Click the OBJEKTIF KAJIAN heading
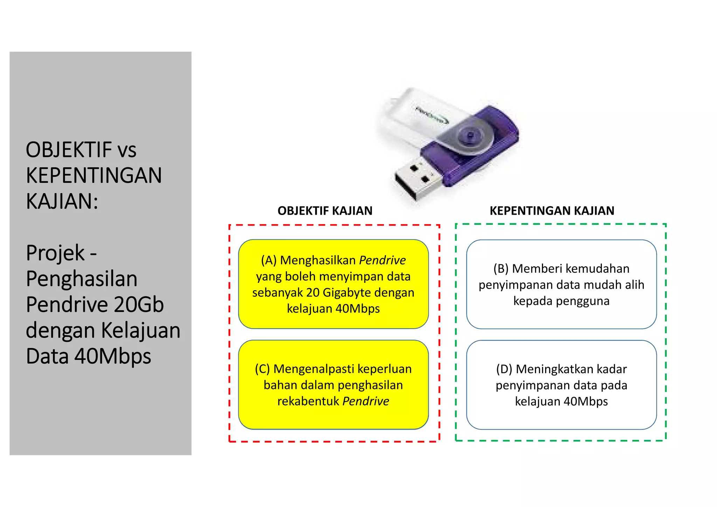click(x=325, y=211)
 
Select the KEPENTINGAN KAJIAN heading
click(x=552, y=211)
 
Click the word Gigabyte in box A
click(x=346, y=292)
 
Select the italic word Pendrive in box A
click(x=382, y=260)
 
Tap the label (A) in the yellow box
click(x=269, y=260)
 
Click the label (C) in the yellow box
click(x=262, y=369)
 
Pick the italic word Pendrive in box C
click(x=366, y=401)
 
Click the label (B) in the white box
click(x=501, y=269)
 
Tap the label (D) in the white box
click(x=504, y=369)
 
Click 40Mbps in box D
click(x=586, y=401)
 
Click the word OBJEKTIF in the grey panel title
click(x=69, y=150)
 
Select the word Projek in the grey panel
click(x=55, y=253)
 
